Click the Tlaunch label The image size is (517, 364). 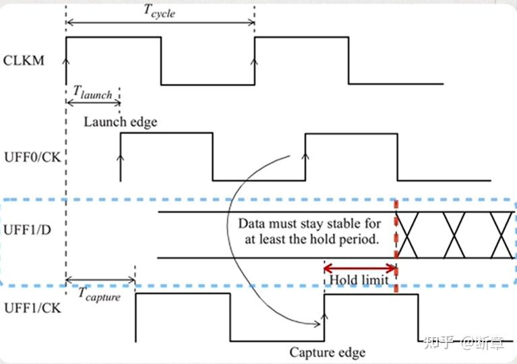coord(92,93)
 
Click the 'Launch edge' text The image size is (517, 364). coord(121,121)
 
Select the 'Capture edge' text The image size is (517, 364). coord(328,352)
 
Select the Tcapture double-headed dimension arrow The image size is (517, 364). coord(100,280)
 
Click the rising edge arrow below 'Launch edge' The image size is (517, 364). coord(121,159)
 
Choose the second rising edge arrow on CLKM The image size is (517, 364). coord(254,62)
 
